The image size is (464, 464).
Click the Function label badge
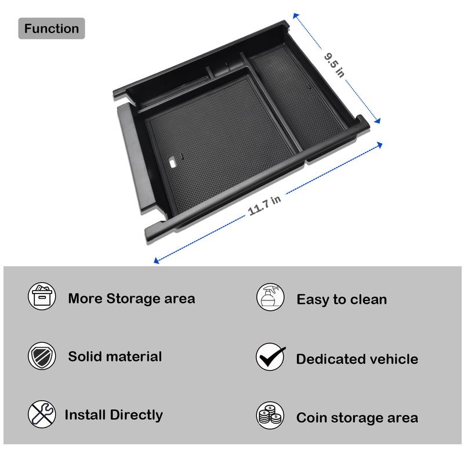point(52,28)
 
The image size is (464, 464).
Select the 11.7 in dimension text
point(265,205)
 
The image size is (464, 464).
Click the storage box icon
point(42,296)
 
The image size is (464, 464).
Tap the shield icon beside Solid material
point(42,356)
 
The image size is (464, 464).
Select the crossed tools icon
point(42,415)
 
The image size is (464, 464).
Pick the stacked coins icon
point(271,416)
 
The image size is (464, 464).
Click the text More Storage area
point(132,299)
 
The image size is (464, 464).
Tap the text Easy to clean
point(342,300)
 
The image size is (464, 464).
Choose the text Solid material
point(115,357)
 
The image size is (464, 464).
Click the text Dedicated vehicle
point(357,359)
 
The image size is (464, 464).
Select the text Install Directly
point(114,415)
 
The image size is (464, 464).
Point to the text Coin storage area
point(357,418)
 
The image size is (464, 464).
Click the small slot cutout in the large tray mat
point(173,163)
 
